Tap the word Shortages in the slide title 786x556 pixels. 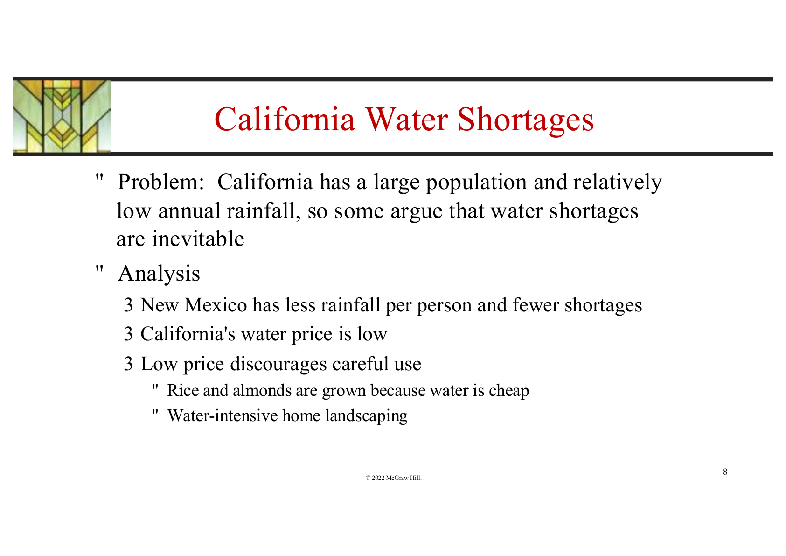click(x=526, y=121)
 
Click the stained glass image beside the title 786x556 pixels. click(x=62, y=116)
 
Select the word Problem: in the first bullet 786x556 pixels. click(x=161, y=182)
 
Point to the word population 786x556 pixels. click(x=477, y=183)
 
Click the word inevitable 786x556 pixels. click(x=198, y=239)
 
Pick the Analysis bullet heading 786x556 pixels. click(x=159, y=274)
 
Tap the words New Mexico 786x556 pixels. click(x=194, y=305)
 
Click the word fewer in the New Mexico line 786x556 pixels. click(x=536, y=305)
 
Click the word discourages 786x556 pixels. click(x=278, y=364)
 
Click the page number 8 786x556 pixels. click(x=725, y=472)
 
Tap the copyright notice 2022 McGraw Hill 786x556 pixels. click(x=393, y=478)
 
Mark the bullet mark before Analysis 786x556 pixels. click(x=99, y=269)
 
